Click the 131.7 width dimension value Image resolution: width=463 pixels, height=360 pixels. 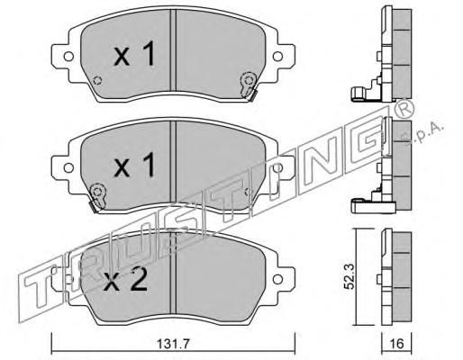(174, 344)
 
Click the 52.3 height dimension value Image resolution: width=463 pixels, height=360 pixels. (349, 276)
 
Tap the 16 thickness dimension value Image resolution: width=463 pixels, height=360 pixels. (397, 344)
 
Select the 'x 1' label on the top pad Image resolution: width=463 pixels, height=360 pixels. (134, 54)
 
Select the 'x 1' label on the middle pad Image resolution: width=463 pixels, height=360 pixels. (134, 165)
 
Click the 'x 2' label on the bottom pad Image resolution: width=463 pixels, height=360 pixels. (125, 280)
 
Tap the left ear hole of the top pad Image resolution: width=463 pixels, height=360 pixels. (68, 56)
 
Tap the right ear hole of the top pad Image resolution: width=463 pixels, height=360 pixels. (277, 56)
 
